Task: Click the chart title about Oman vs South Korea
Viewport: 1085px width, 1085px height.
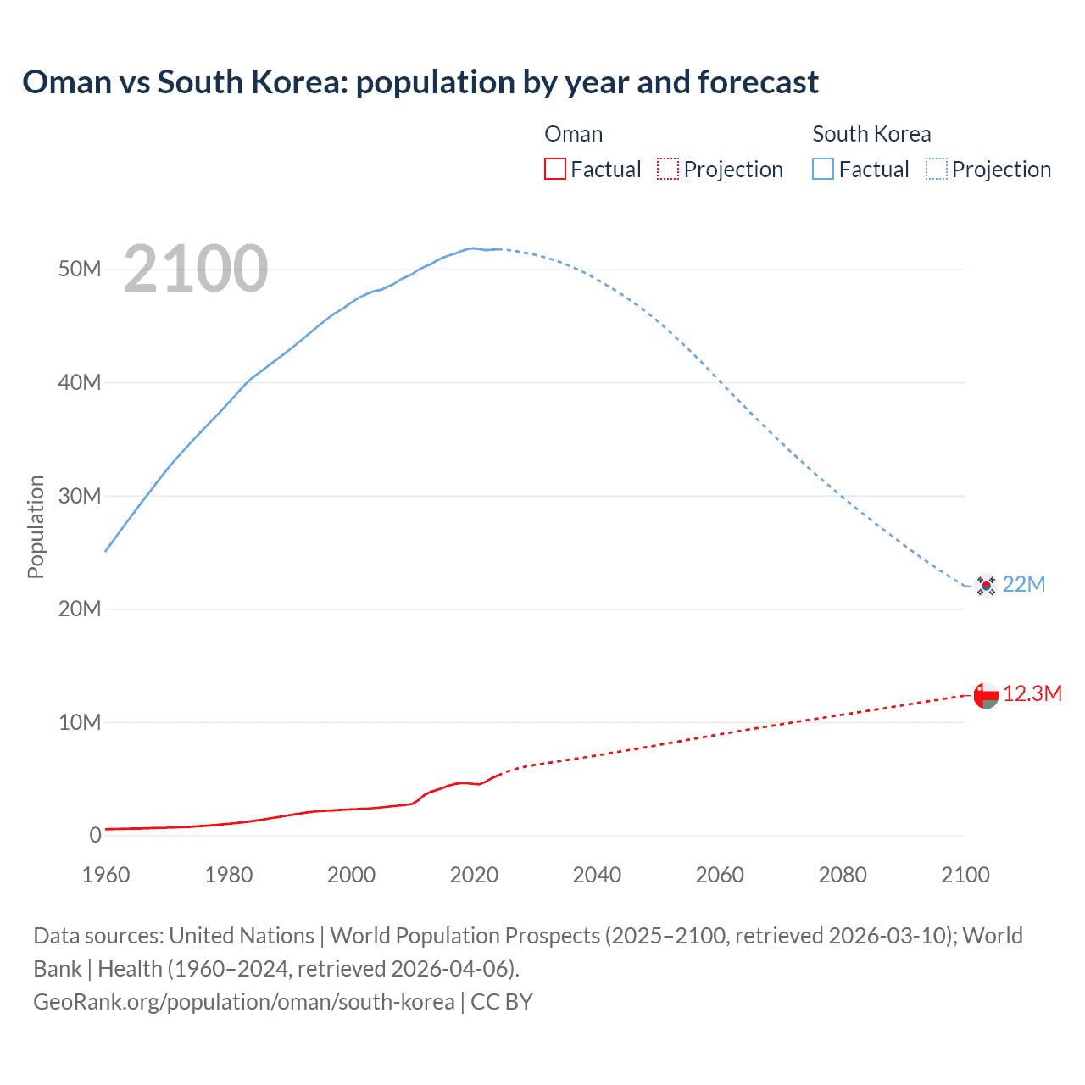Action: (420, 82)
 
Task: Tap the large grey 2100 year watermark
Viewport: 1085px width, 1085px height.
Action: (196, 269)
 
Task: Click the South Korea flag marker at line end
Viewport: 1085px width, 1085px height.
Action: (986, 585)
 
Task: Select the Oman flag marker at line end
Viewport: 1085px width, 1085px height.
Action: (986, 695)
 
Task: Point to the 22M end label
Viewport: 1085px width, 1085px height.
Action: (1024, 584)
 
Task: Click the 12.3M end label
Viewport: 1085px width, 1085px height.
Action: (1032, 693)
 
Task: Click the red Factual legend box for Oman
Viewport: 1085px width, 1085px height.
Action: (555, 169)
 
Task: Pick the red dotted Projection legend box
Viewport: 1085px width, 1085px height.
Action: (668, 169)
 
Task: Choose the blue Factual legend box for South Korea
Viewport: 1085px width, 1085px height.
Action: (823, 169)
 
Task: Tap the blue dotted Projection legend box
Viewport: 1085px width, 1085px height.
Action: (937, 169)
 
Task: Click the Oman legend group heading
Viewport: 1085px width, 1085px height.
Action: (574, 134)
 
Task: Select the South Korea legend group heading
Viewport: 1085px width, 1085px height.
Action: (871, 134)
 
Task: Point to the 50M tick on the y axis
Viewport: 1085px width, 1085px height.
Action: (80, 269)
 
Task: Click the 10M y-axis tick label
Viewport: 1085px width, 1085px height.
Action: (80, 722)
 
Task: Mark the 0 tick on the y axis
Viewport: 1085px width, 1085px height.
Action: (95, 835)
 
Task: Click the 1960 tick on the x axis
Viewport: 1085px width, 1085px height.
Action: (106, 875)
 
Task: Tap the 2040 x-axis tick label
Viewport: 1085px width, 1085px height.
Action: (597, 875)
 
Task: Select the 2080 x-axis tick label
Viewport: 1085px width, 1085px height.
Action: (843, 875)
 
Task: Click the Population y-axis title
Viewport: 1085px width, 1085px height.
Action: (36, 526)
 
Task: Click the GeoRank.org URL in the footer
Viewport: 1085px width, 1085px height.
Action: (244, 1002)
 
